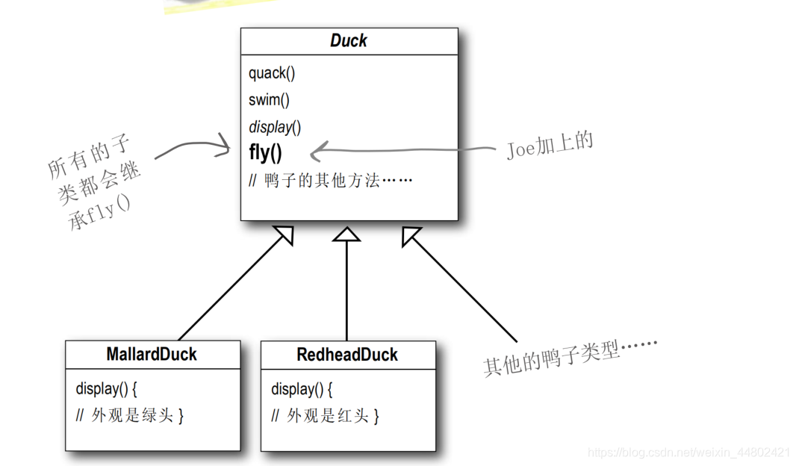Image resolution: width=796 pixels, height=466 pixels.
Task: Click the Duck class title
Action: [349, 41]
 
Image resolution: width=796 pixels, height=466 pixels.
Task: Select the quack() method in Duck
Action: [272, 73]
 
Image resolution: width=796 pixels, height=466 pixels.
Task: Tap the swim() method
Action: [269, 100]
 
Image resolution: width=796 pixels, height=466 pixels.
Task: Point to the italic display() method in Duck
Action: [275, 127]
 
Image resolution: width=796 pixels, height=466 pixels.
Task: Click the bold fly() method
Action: [265, 153]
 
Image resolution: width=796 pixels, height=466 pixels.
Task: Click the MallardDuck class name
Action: [152, 354]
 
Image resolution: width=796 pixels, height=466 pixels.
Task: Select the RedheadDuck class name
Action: [347, 355]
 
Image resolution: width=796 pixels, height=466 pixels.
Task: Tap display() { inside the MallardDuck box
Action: [107, 389]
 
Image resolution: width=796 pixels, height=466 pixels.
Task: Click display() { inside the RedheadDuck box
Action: [302, 389]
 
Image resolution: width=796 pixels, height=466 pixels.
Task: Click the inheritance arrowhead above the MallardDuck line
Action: [284, 236]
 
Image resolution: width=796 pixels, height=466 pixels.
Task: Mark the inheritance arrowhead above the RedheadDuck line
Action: [346, 234]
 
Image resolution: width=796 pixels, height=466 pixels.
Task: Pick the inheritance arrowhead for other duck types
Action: [411, 235]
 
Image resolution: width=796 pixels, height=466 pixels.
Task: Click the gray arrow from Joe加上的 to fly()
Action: [403, 152]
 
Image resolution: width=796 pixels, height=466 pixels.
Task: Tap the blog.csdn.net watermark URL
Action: [688, 453]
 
